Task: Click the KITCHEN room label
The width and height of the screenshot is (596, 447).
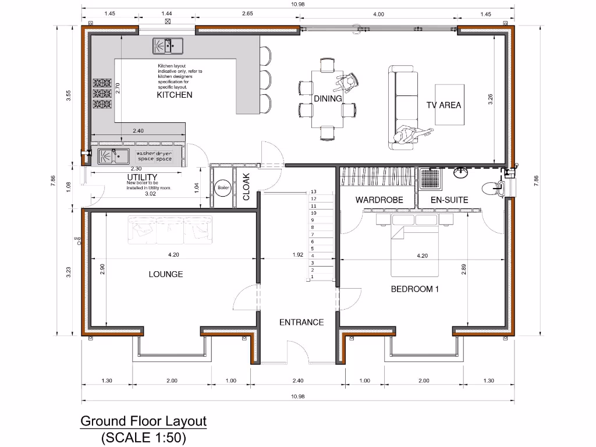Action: tap(174, 95)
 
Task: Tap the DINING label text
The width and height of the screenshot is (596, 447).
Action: tap(328, 99)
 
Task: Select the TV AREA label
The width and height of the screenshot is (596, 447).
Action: tap(444, 105)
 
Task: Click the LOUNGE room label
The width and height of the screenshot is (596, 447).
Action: tap(165, 274)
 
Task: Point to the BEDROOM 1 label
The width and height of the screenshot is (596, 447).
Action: tap(414, 289)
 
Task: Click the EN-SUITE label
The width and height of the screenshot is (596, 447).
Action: tap(449, 200)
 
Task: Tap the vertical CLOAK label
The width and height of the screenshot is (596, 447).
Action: tap(246, 186)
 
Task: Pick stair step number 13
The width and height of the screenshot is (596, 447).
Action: tap(313, 191)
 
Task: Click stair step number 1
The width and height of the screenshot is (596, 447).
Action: tap(313, 277)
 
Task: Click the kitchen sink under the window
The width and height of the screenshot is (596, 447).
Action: tap(168, 45)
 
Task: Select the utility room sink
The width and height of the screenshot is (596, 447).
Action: tap(113, 156)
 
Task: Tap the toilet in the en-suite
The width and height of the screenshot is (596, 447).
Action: tap(495, 187)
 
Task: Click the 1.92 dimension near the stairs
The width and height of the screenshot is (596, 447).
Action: tap(298, 255)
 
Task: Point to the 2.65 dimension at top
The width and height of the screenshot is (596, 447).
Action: tap(248, 13)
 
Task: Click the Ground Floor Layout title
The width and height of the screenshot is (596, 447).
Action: tap(143, 421)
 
